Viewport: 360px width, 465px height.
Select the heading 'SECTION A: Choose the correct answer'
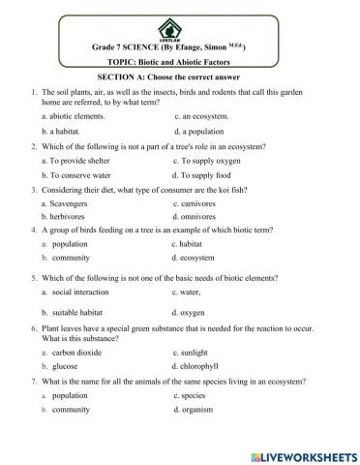[x=179, y=77]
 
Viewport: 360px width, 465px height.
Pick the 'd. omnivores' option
[x=196, y=217]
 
